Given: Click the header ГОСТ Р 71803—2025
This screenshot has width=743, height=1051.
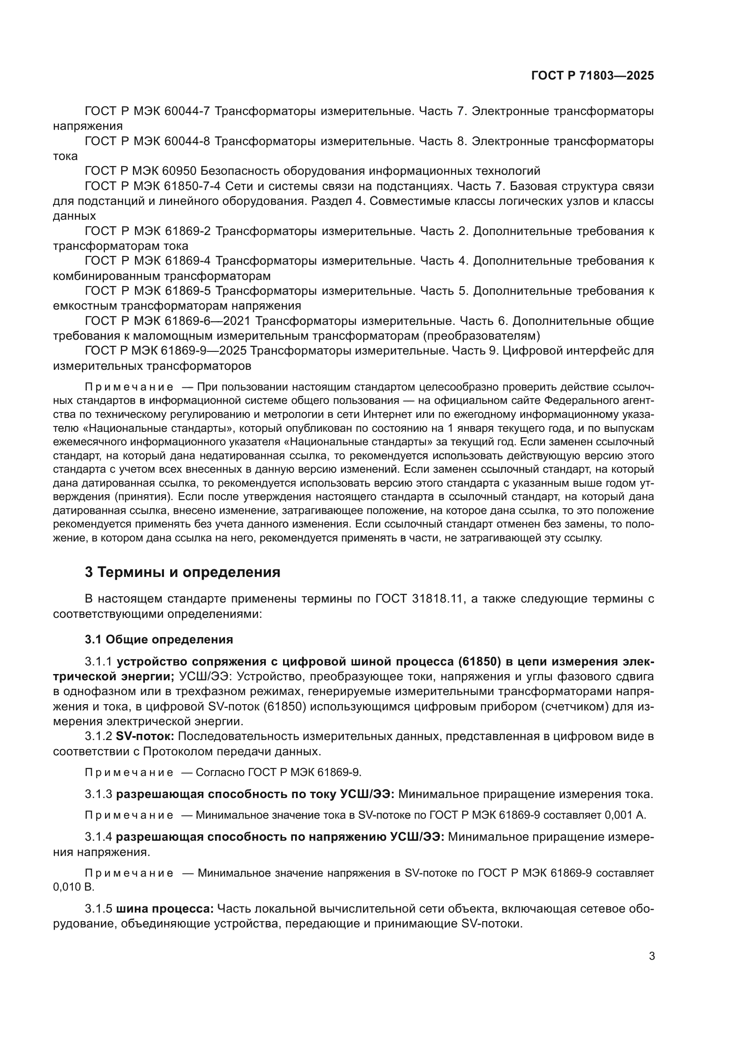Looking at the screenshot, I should pos(593,76).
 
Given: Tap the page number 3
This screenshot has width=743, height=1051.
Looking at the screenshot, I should pos(652,956).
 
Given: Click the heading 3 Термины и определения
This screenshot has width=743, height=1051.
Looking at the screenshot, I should pos(182,572).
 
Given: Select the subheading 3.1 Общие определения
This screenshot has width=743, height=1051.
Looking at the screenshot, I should pos(159,639).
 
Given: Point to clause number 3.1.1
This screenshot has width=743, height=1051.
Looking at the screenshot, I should pos(98,662).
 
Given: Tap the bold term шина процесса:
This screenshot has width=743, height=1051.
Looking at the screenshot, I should pos(165,909).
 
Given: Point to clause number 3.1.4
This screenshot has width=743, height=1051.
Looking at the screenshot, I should pos(98,837).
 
